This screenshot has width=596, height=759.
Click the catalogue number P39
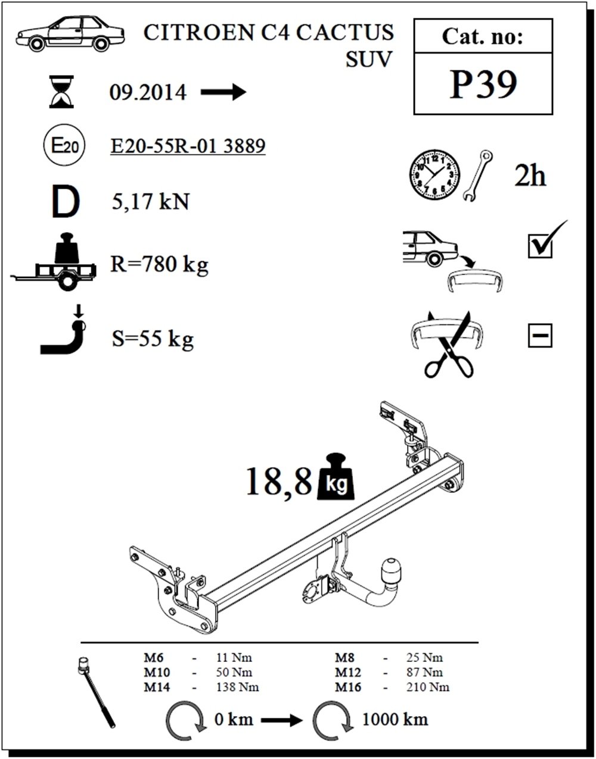[x=483, y=84]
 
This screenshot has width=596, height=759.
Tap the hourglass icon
[x=61, y=92]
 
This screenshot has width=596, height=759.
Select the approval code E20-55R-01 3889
[x=188, y=146]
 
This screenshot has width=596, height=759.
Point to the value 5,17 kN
[x=150, y=202]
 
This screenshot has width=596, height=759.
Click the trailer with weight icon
[x=53, y=262]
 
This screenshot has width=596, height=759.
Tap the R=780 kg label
[x=159, y=265]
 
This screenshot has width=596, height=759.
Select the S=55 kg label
[x=153, y=339]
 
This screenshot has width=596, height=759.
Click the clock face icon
[x=434, y=175]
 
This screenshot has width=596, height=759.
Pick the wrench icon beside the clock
[x=478, y=176]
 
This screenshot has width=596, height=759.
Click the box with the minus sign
[x=540, y=336]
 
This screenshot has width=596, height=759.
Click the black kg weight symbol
[x=335, y=476]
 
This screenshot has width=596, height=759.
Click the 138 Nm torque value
[x=237, y=687]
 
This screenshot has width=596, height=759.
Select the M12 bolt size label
[x=348, y=672]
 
